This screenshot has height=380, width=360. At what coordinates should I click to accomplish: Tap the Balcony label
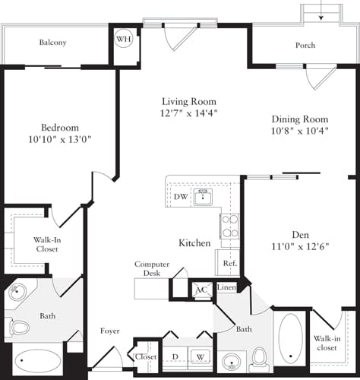[x=53, y=43]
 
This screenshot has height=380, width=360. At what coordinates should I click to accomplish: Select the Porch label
[x=305, y=45]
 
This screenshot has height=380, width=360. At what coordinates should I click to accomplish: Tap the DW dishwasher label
[x=181, y=196]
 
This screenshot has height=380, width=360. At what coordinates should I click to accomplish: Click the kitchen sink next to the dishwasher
[x=203, y=198]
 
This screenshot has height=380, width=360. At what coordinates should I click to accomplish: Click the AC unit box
[x=201, y=290]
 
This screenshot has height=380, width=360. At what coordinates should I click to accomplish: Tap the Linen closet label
[x=226, y=287]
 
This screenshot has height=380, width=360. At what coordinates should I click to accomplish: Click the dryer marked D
[x=175, y=356]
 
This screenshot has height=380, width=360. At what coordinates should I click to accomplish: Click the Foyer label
[x=110, y=331]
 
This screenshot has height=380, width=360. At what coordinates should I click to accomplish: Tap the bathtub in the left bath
[x=37, y=360]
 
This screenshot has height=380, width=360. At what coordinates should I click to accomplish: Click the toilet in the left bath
[x=18, y=328]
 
